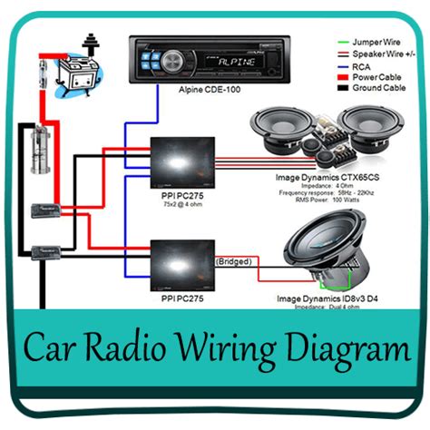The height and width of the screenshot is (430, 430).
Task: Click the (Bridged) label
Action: pos(233,261)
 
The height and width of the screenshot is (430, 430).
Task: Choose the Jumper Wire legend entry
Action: pos(366,41)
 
